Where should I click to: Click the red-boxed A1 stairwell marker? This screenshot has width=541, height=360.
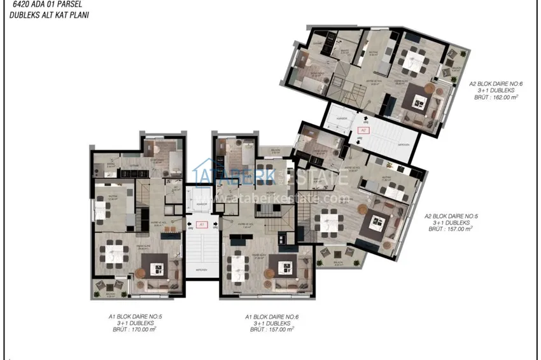[201, 224]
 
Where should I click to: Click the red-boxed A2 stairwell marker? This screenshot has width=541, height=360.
[363, 130]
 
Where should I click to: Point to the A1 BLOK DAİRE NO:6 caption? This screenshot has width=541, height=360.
[271, 316]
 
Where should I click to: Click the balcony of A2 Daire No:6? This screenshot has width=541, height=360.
[456, 69]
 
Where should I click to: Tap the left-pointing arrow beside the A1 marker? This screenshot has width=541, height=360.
[190, 224]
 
